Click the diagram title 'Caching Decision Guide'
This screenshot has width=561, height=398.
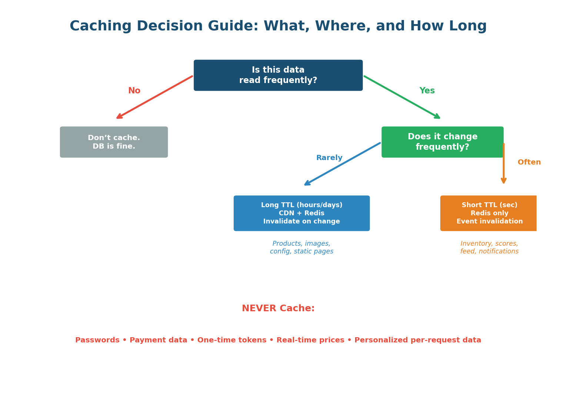[x=278, y=26]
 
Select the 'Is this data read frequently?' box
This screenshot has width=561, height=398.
[x=278, y=75]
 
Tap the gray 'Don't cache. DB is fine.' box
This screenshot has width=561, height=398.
[x=114, y=142]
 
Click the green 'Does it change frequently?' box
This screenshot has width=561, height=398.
[x=442, y=142]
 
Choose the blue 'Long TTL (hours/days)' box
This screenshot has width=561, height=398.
[x=301, y=213]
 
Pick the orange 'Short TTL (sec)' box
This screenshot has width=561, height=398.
[x=489, y=213]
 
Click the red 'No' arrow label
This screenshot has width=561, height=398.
[x=134, y=91]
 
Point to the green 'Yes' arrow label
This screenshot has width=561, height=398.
[x=427, y=91]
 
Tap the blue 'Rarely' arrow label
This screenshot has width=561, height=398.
[x=329, y=158]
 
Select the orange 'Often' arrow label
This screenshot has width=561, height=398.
[x=529, y=162]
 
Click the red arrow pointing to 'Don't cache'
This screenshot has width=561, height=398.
[x=154, y=97]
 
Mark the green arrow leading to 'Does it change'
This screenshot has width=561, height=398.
[x=402, y=97]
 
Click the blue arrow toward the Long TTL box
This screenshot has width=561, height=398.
[x=342, y=164]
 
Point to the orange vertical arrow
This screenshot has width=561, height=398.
[x=504, y=163]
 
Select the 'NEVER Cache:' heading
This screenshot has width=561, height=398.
[x=278, y=308]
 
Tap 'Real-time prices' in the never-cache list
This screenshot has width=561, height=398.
[x=310, y=340]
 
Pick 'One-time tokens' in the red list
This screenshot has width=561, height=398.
[x=232, y=340]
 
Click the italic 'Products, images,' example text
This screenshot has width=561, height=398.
[x=301, y=244]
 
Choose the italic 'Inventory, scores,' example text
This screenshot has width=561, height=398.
[x=489, y=244]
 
